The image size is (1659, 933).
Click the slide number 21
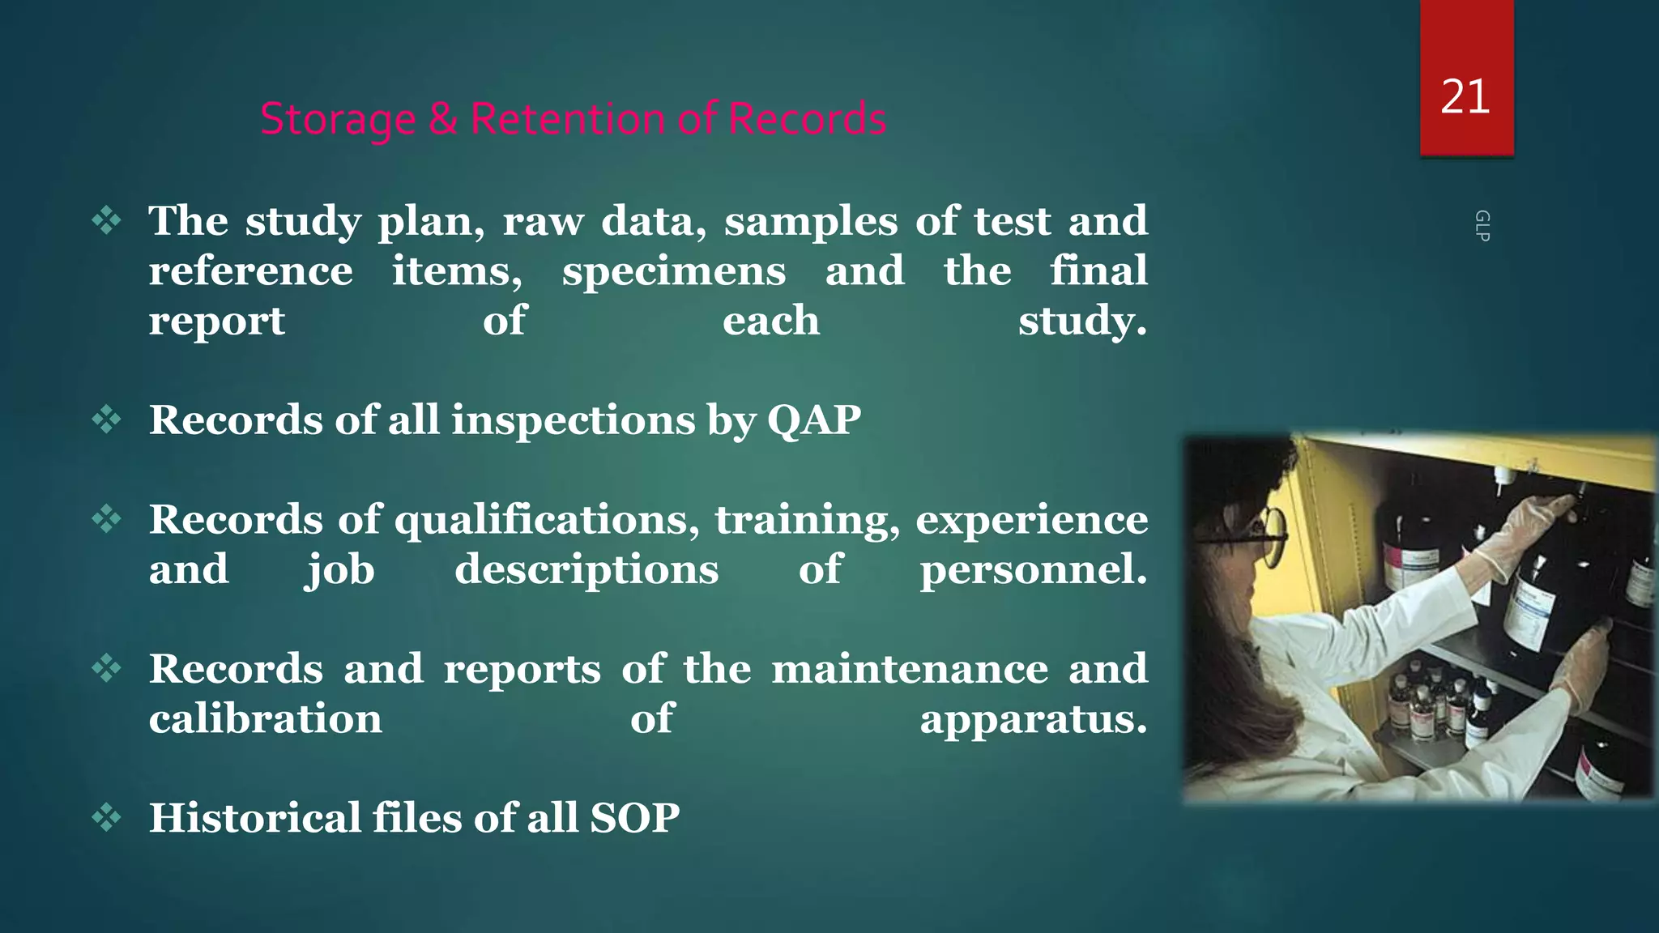coord(1465,97)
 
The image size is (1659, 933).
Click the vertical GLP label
coord(1482,226)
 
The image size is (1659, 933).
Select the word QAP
coord(813,420)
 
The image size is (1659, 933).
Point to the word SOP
coord(634,817)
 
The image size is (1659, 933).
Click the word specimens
coord(673,271)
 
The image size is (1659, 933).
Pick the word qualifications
coord(547,520)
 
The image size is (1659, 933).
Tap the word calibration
coord(265,718)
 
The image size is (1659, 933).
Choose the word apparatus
coord(1033,719)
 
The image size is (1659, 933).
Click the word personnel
coord(1033,569)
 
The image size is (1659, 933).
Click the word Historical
coord(254,817)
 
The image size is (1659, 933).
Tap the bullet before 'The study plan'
coord(106,220)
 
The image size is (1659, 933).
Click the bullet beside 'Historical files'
coord(106,817)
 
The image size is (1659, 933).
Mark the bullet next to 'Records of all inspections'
coord(106,420)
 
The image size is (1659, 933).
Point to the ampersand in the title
coord(442,119)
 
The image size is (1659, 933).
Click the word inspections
coord(573,420)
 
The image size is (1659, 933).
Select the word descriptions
coord(586,569)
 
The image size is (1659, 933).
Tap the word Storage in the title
coord(338,119)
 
